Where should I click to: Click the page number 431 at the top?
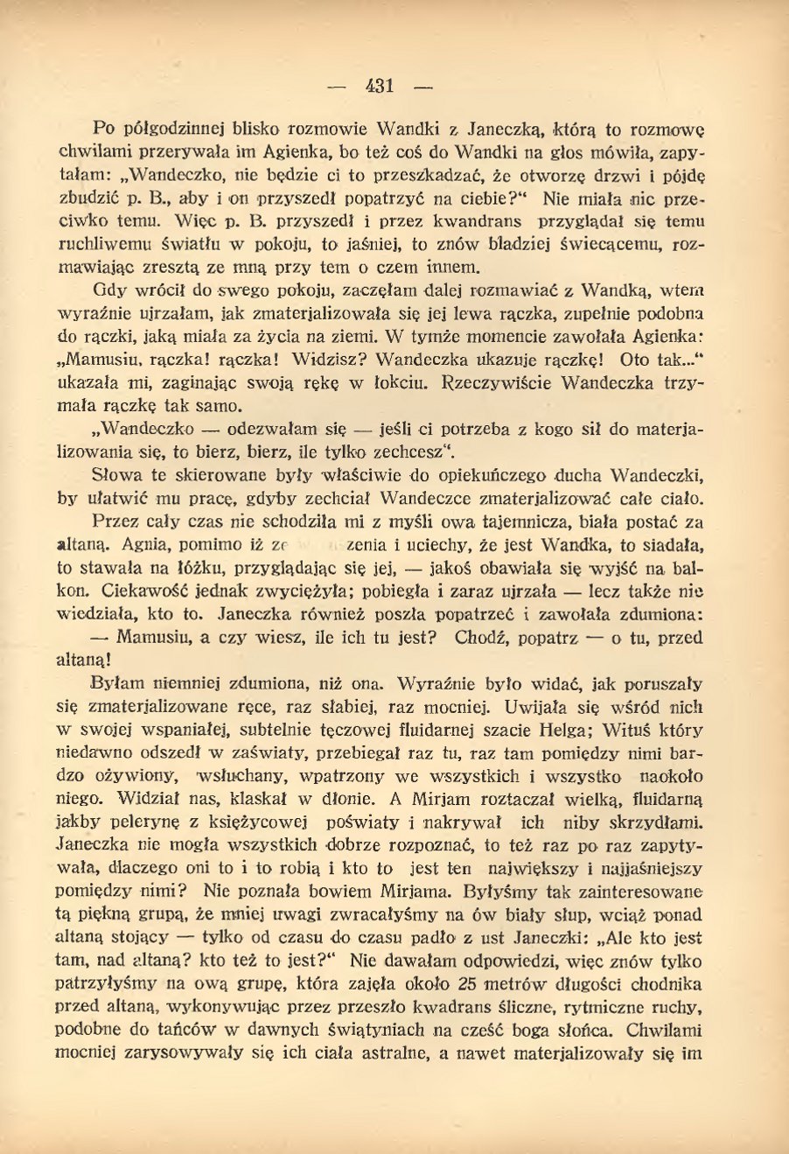click(x=381, y=86)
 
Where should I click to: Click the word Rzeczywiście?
click(x=506, y=382)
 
